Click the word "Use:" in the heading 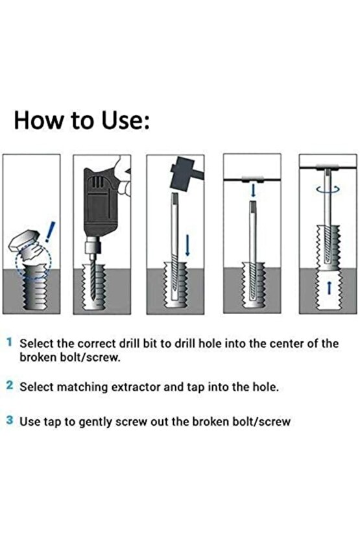pyautogui.click(x=126, y=121)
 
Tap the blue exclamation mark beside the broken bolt pyautogui.click(x=50, y=231)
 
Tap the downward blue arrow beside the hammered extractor pyautogui.click(x=187, y=245)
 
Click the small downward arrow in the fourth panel pyautogui.click(x=253, y=190)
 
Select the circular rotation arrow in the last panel pyautogui.click(x=328, y=190)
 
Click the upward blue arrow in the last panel pyautogui.click(x=329, y=287)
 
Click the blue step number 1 pyautogui.click(x=9, y=342)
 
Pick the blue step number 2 pyautogui.click(x=10, y=385)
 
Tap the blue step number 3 pyautogui.click(x=10, y=420)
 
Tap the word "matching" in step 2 pyautogui.click(x=82, y=387)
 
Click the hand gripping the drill pyautogui.click(x=122, y=176)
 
